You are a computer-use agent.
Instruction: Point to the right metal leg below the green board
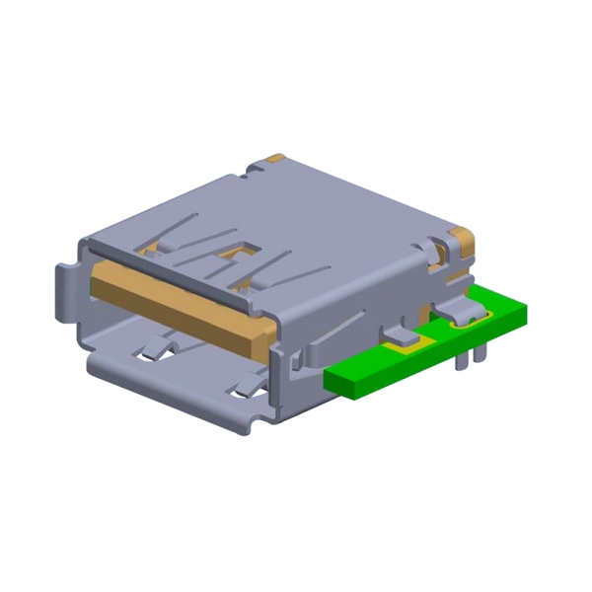point(481,352)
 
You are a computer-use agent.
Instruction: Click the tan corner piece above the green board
point(461,239)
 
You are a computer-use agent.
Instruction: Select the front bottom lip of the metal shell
point(168,390)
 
